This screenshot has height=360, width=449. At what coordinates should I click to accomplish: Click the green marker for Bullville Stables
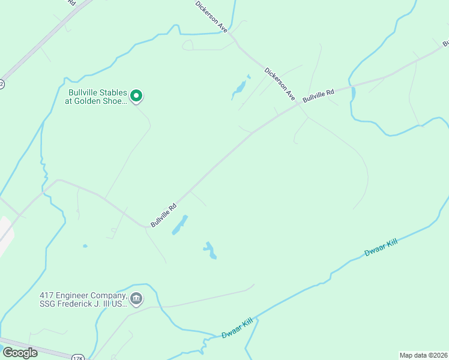tap(136, 95)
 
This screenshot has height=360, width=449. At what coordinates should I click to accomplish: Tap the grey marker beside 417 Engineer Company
tap(136, 298)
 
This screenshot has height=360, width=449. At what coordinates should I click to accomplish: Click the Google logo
tap(20, 353)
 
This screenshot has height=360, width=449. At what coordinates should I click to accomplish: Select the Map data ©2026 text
tap(423, 355)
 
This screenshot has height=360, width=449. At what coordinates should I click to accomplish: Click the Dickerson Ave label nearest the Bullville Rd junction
tap(280, 83)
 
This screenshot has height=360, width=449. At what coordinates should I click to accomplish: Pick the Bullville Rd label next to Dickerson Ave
tap(318, 95)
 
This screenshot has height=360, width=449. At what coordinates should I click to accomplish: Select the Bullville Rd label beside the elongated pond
tap(163, 215)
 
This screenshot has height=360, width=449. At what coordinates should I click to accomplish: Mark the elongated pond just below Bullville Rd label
tap(179, 224)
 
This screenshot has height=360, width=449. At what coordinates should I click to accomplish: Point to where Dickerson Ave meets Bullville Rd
tap(298, 104)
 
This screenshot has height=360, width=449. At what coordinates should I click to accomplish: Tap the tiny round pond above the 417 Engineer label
tap(85, 246)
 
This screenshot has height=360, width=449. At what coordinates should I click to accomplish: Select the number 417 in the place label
tap(47, 296)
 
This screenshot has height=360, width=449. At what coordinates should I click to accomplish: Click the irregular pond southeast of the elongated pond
tap(210, 250)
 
